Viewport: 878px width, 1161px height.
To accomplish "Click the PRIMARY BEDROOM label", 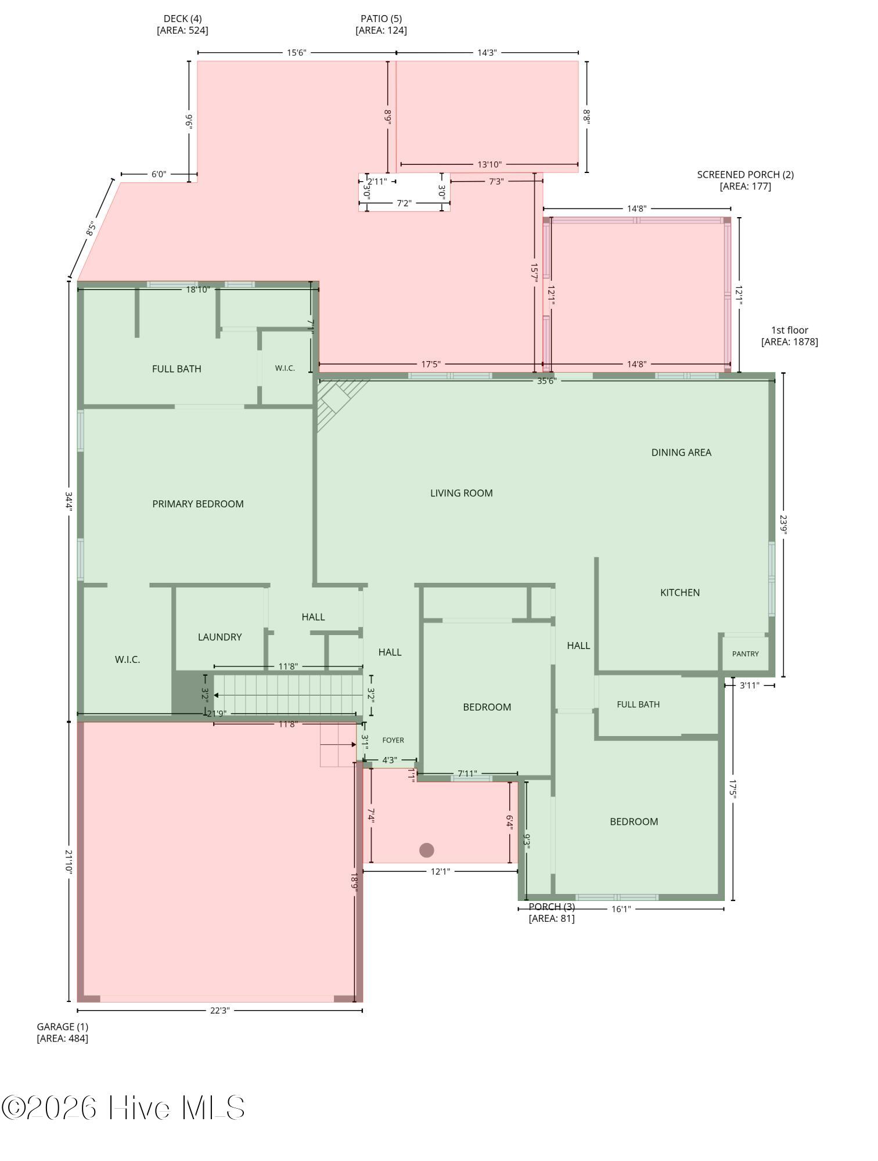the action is tap(198, 504).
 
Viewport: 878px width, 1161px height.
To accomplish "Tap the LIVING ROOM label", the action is tap(462, 493).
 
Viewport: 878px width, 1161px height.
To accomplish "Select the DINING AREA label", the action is tap(681, 452).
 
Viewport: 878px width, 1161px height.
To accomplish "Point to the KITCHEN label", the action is tap(680, 592).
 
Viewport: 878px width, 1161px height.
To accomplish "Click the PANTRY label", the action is tap(746, 654).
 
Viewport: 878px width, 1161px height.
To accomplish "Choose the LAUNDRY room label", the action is tap(219, 637).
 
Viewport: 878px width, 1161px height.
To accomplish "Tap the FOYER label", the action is tap(393, 740).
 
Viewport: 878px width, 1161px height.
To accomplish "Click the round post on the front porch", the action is tap(427, 850).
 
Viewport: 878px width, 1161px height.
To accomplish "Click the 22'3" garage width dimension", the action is tap(220, 1010).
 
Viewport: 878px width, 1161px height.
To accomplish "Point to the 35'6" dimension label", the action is tap(546, 381).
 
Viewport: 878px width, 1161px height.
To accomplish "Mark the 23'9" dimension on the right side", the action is tap(783, 525).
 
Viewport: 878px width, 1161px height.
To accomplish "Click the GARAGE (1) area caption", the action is tap(63, 1032).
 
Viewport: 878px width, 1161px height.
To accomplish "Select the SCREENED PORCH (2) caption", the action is tap(746, 180).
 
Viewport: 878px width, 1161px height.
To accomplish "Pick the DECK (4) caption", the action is tap(182, 24).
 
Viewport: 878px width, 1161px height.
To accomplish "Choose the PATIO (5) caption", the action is tap(381, 24).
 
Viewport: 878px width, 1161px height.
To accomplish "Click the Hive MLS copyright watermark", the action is tap(123, 1108).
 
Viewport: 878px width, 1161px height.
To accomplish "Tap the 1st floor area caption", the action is tap(790, 336).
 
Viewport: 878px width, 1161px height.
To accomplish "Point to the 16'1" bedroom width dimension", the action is tap(621, 908).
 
